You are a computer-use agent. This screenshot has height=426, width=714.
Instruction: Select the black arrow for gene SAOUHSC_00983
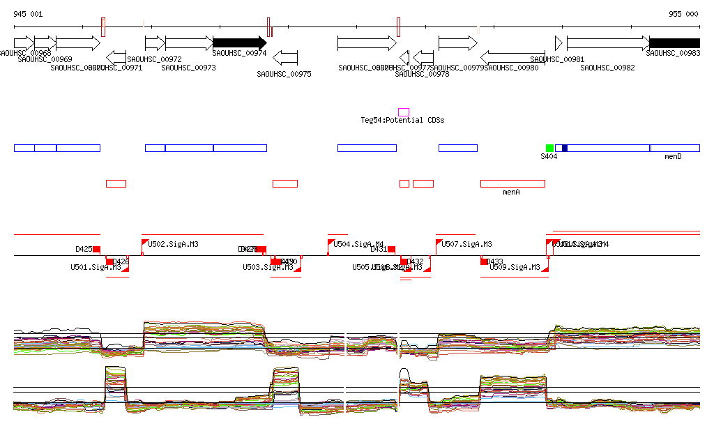pyautogui.click(x=674, y=43)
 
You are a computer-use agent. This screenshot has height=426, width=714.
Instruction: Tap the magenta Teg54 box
pyautogui.click(x=404, y=112)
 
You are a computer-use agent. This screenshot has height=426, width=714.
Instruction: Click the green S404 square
pyautogui.click(x=549, y=148)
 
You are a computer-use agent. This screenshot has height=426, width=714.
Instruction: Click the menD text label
pyautogui.click(x=673, y=157)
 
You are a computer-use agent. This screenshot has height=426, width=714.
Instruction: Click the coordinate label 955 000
pyautogui.click(x=683, y=14)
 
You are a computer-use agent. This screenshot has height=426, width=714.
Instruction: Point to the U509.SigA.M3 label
pyautogui.click(x=515, y=267)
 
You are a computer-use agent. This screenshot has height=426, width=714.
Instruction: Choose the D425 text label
pyautogui.click(x=84, y=249)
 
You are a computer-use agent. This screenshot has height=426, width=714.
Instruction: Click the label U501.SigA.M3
pyautogui.click(x=96, y=267)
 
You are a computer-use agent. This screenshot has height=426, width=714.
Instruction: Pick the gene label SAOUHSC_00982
pyautogui.click(x=607, y=68)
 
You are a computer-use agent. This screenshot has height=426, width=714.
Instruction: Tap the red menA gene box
pyautogui.click(x=512, y=183)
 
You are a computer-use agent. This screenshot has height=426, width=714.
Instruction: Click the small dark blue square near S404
pyautogui.click(x=565, y=148)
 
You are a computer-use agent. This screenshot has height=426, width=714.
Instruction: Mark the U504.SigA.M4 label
pyautogui.click(x=358, y=244)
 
